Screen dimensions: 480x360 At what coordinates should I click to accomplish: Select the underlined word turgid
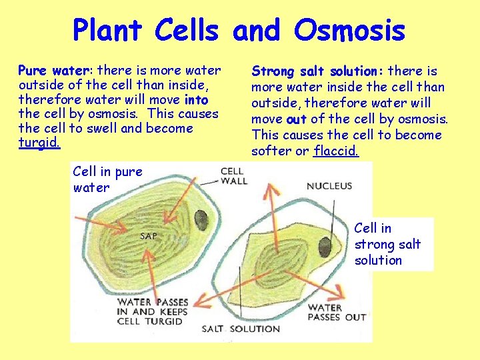39,143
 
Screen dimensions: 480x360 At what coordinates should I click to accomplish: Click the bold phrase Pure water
57,70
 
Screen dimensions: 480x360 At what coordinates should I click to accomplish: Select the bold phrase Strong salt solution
317,71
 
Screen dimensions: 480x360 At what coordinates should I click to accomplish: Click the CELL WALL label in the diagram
233,176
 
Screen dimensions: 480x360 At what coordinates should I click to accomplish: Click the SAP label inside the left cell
148,235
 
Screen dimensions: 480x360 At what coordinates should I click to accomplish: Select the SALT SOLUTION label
241,329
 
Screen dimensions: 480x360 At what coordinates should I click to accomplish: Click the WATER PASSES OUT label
337,312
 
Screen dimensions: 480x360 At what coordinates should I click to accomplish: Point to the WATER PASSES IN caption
153,311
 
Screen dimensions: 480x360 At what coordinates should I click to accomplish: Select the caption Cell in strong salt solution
387,244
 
